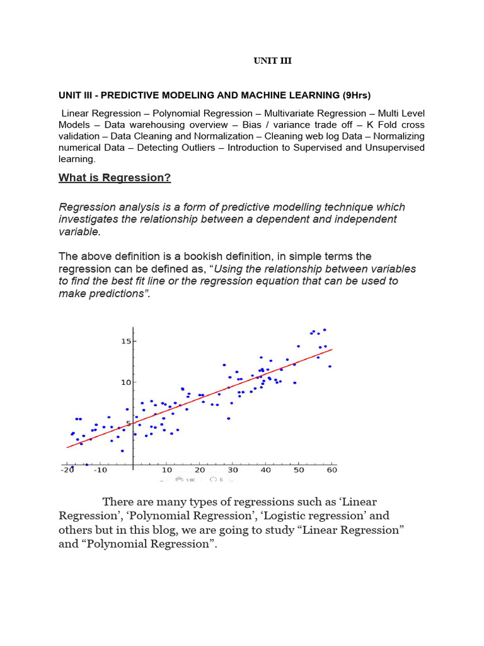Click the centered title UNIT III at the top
pyautogui.click(x=272, y=61)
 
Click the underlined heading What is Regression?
pyautogui.click(x=115, y=178)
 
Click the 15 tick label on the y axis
pyautogui.click(x=125, y=341)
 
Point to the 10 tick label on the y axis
pyautogui.click(x=125, y=382)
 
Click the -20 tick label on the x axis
pyautogui.click(x=67, y=470)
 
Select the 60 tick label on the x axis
pyautogui.click(x=331, y=470)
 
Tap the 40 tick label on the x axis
pyautogui.click(x=265, y=470)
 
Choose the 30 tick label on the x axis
pyautogui.click(x=233, y=470)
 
